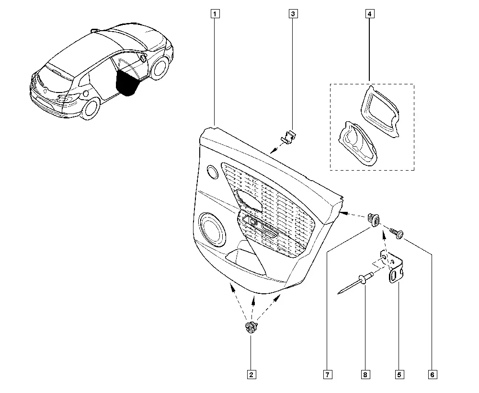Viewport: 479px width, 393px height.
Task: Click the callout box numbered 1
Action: pyautogui.click(x=215, y=14)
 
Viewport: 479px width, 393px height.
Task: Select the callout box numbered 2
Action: pyautogui.click(x=251, y=375)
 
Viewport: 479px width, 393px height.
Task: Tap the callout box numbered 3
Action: pyautogui.click(x=293, y=14)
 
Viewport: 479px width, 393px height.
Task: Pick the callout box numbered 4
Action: pyautogui.click(x=369, y=14)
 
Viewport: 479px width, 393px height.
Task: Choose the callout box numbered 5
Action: pyautogui.click(x=399, y=375)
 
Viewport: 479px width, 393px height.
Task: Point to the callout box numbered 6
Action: pyautogui.click(x=432, y=375)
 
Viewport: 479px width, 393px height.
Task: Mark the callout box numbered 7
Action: pyautogui.click(x=328, y=375)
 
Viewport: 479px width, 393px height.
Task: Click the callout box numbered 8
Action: pyautogui.click(x=365, y=375)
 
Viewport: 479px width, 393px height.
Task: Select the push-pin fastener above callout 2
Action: pyautogui.click(x=251, y=328)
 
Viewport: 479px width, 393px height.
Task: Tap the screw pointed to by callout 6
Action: pyautogui.click(x=397, y=233)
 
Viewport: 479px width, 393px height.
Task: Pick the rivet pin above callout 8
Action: pyautogui.click(x=355, y=283)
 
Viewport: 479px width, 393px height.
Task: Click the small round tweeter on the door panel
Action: pyautogui.click(x=212, y=172)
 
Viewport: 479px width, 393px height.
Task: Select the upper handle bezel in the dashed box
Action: pyautogui.click(x=380, y=111)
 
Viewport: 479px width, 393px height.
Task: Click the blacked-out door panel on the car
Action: pyautogui.click(x=128, y=82)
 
